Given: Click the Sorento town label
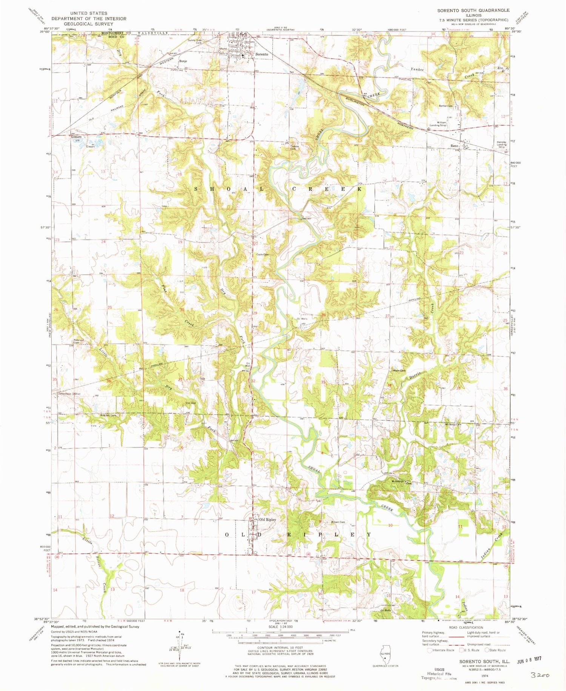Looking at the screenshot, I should point(262,54).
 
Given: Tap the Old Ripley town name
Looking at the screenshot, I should point(267,520).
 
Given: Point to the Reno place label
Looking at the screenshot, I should point(454,146).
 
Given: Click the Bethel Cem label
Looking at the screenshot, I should point(445,106).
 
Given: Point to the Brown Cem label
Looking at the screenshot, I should point(338,522).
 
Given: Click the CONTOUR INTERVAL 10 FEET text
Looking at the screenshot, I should point(280,648).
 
